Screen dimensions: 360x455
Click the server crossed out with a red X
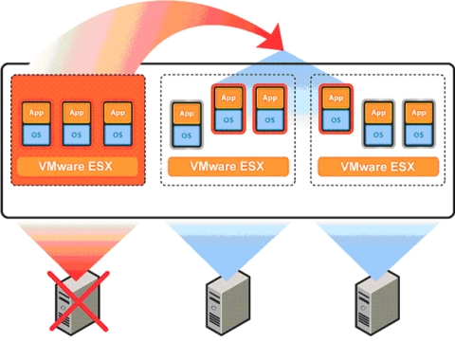78,302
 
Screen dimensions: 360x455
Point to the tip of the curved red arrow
284,47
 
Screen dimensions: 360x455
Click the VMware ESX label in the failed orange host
78,168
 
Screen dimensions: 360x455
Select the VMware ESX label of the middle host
227,168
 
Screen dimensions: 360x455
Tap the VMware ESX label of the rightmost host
376,168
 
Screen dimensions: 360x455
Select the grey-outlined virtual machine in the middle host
186,126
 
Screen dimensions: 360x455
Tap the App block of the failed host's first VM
37,113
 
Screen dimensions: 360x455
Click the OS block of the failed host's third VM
118,133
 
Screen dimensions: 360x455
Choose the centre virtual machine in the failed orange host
78,123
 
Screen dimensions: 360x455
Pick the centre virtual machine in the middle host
227,109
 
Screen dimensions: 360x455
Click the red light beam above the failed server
78,246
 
